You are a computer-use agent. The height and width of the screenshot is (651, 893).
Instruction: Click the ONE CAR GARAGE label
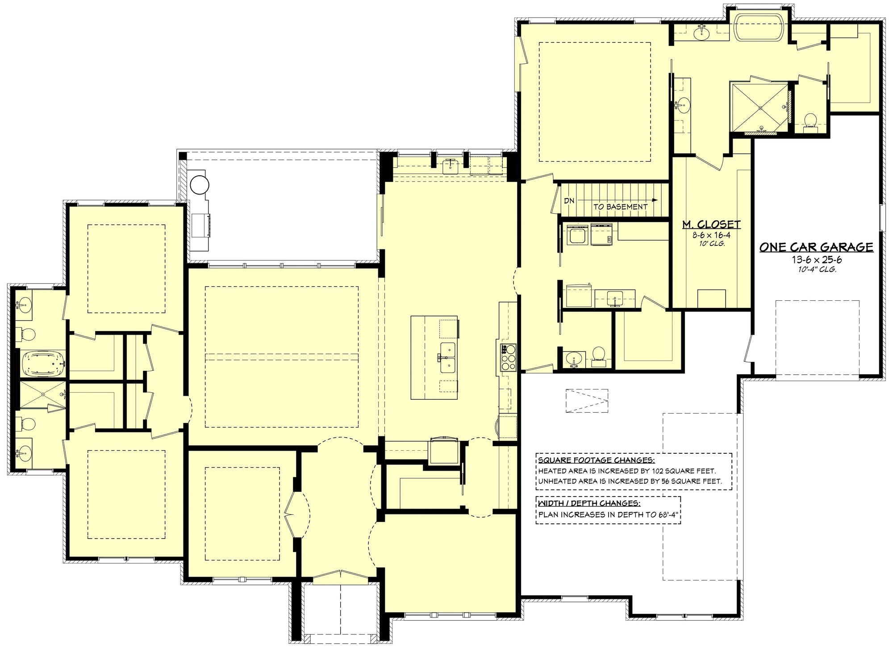click(816, 247)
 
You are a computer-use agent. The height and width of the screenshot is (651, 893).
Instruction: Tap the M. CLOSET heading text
click(711, 224)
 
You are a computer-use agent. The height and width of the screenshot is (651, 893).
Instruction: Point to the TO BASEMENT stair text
click(620, 207)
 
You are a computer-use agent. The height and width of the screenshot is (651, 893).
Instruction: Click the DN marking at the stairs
click(569, 201)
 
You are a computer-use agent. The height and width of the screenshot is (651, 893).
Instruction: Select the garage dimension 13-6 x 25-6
click(817, 260)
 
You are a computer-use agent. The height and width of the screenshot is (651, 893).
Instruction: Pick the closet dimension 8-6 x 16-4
click(711, 235)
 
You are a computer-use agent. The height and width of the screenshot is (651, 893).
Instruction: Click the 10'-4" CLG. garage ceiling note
click(817, 269)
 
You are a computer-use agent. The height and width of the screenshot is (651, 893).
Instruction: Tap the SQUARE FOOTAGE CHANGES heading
click(596, 460)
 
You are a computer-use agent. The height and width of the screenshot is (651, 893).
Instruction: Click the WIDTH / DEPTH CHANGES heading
click(589, 503)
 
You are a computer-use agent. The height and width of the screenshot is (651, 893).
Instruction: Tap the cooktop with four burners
click(509, 357)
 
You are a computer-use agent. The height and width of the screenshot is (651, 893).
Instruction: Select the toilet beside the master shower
click(810, 120)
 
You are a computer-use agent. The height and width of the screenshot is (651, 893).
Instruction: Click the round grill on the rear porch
click(199, 183)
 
